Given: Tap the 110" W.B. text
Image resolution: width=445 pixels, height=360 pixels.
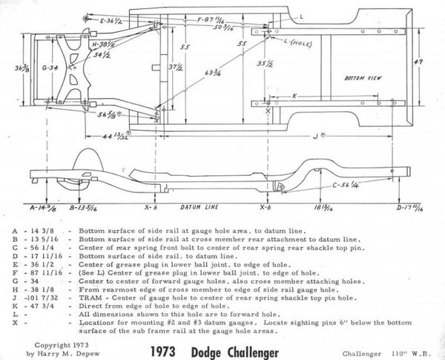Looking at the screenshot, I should point(406,347).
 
